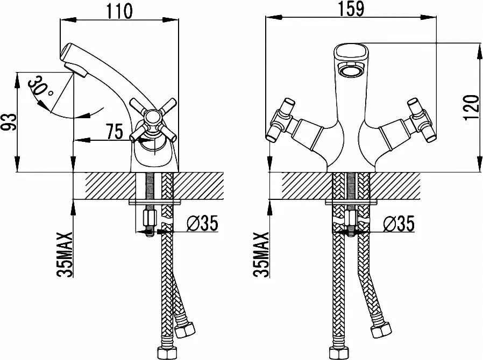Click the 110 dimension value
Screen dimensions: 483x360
click(119, 11)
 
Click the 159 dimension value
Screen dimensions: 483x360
click(351, 9)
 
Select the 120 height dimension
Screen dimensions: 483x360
click(472, 107)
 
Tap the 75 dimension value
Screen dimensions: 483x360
click(114, 132)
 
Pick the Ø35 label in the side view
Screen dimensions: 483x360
click(202, 223)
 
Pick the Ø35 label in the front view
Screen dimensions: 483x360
click(399, 223)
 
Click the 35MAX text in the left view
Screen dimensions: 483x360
click(65, 255)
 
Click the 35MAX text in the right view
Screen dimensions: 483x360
click(261, 255)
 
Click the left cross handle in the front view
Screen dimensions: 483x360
click(281, 120)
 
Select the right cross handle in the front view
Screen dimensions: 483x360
click(421, 120)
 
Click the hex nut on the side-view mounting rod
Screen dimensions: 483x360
click(150, 219)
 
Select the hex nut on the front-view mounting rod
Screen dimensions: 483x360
click(351, 219)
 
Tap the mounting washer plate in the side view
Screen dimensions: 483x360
click(155, 202)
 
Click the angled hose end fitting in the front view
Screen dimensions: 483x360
click(381, 329)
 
